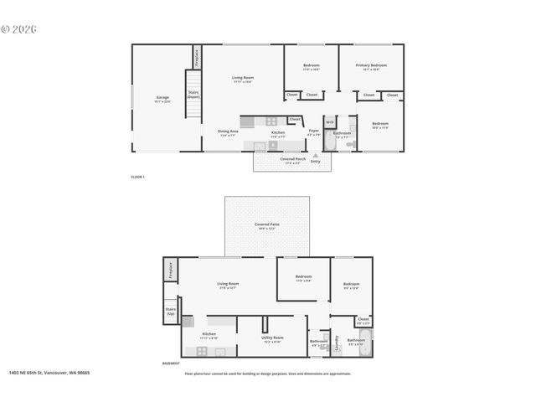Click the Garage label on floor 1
(x=162, y=97)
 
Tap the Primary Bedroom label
(x=371, y=64)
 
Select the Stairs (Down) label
(x=193, y=95)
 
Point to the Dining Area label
(x=229, y=132)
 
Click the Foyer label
(x=313, y=131)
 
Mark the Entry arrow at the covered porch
(x=315, y=155)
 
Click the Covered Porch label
(x=293, y=158)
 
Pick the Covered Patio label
(x=267, y=225)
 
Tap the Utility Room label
(x=272, y=338)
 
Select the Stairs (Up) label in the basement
(x=170, y=312)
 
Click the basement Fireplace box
(x=170, y=270)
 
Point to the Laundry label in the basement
(x=337, y=342)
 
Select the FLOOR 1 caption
(x=138, y=177)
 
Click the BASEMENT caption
(x=171, y=363)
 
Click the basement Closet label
(x=363, y=319)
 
